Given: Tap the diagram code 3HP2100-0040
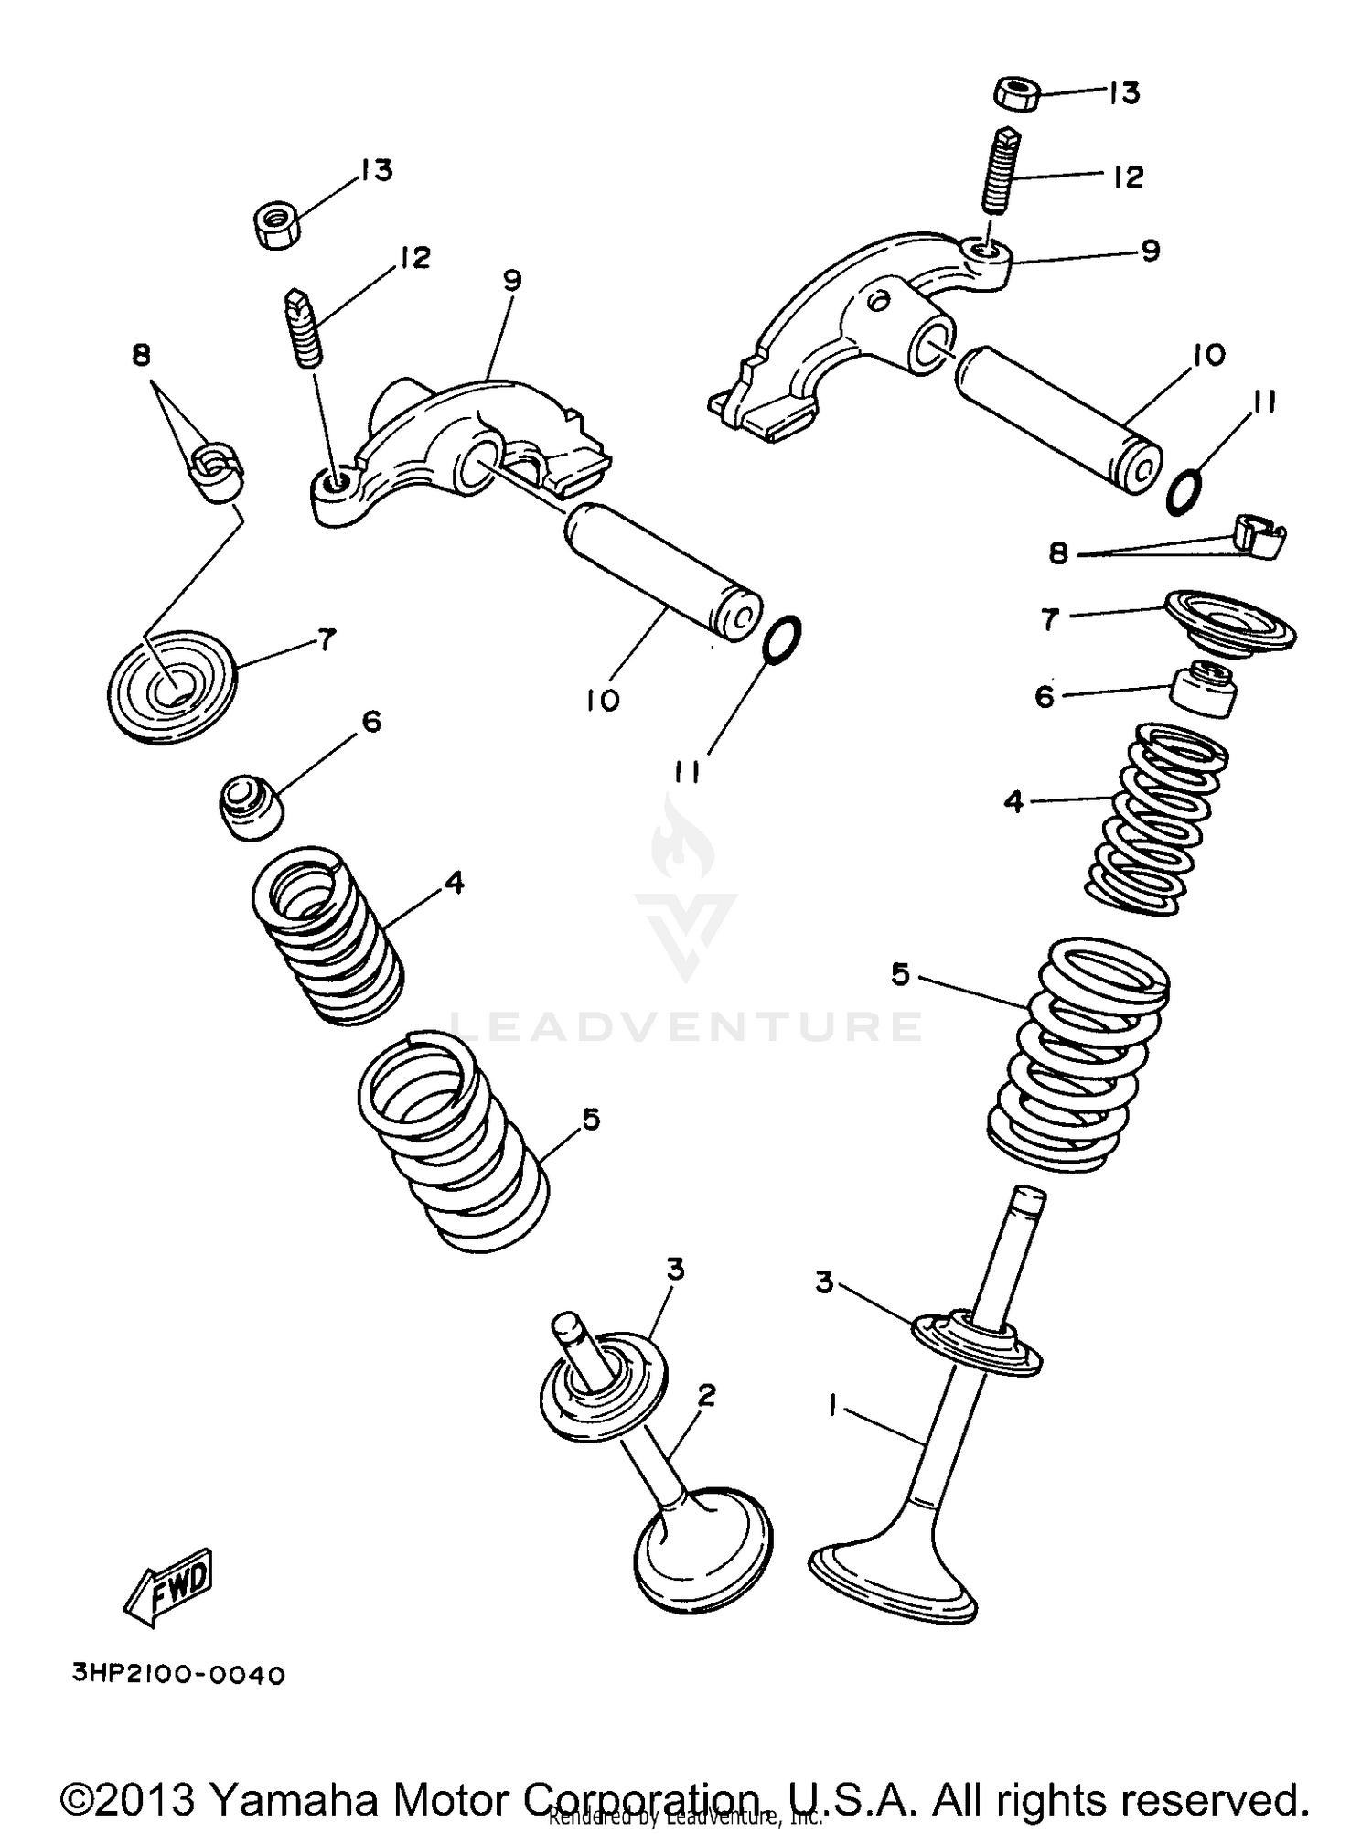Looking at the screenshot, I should [179, 1675].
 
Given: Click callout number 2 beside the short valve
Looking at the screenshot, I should [705, 1395].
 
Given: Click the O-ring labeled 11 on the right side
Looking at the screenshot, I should [1185, 491].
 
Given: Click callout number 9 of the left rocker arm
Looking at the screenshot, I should [511, 280].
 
